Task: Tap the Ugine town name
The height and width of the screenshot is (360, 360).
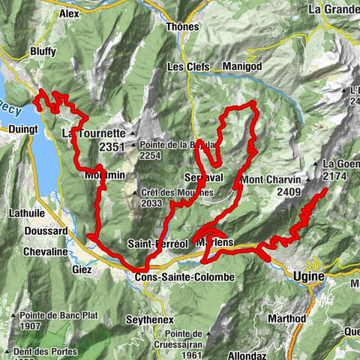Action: tap(307, 277)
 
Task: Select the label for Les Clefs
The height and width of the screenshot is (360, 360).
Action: tap(185, 66)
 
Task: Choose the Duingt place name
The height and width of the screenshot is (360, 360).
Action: tap(15, 129)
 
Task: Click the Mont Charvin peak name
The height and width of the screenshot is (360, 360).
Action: tap(271, 179)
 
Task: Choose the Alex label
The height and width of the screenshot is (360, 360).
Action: tap(69, 13)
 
